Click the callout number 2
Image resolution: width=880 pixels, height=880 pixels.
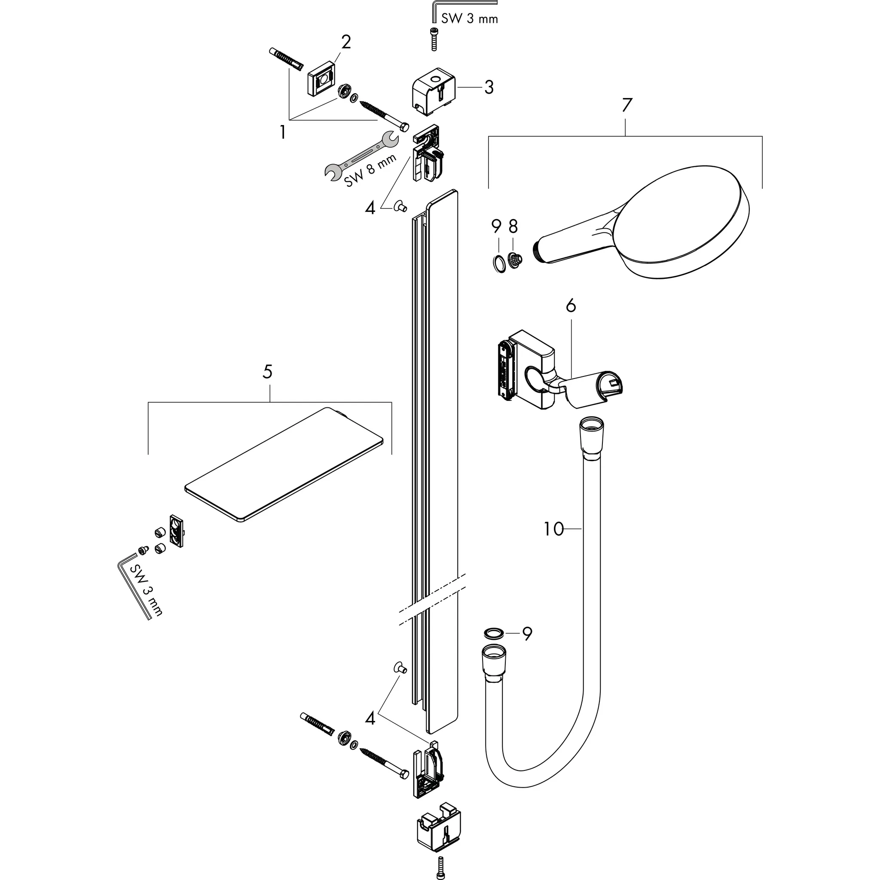pos(346,43)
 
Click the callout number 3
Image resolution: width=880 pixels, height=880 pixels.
pos(489,87)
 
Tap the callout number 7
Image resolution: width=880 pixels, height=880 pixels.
pos(627,106)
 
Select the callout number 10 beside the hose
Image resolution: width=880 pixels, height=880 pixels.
pos(553,529)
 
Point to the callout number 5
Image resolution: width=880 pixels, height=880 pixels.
pos(268,372)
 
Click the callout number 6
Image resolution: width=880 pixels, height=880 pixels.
pos(571,306)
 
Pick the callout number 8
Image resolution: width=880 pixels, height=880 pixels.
pos(513,226)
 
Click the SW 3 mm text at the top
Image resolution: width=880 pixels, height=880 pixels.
pos(469,18)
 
